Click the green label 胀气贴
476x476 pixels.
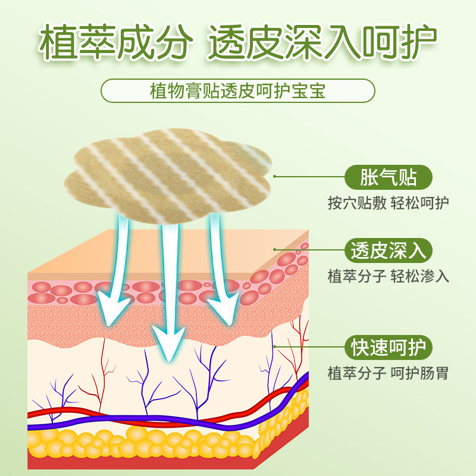click(389, 177)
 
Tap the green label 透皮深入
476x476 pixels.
click(389, 250)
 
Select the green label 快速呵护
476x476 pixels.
click(389, 347)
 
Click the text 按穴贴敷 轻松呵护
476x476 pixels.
click(389, 203)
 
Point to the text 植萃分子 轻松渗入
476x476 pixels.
click(389, 277)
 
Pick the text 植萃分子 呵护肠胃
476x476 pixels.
click(389, 374)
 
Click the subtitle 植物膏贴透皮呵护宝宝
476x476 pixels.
click(238, 92)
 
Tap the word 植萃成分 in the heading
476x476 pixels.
click(116, 43)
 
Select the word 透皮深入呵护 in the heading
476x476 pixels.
click(322, 43)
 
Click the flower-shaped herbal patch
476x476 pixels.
click(173, 173)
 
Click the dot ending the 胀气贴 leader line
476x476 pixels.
click(274, 177)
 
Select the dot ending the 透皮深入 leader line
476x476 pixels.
click(274, 250)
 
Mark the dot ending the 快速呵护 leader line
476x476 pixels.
click(274, 346)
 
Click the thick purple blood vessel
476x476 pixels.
click(178, 420)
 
